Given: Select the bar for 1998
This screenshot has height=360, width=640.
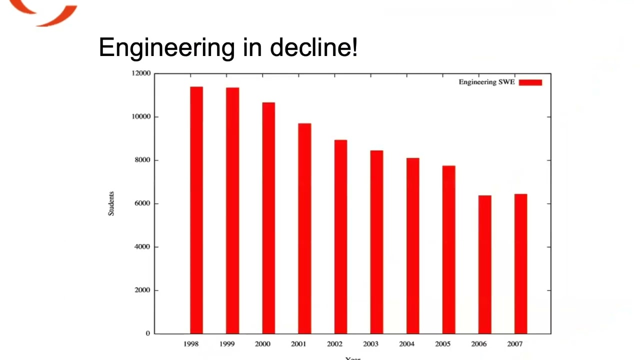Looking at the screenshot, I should tap(196, 210).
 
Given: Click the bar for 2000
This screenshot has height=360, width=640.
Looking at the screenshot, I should tap(268, 218).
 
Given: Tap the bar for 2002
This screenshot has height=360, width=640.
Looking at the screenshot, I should tap(340, 236).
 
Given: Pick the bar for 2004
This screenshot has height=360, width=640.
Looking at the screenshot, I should tap(412, 245).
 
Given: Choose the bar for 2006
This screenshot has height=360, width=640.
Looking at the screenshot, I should tap(484, 264).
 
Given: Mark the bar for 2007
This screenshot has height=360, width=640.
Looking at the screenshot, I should tap(520, 263).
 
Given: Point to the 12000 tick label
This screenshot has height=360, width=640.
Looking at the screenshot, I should tap(141, 73).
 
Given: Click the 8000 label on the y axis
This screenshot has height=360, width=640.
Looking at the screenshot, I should tap(142, 160).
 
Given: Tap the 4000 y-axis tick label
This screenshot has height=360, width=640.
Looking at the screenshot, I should tap(142, 247).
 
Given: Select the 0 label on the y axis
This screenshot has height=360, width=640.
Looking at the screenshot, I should tap(148, 333).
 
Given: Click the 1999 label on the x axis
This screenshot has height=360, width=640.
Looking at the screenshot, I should tap(226, 344).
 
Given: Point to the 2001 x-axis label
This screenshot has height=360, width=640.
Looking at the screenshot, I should tap(298, 344).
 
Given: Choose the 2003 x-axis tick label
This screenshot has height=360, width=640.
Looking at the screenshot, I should tap(370, 344).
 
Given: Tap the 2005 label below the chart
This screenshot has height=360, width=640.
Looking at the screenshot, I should tap(442, 344).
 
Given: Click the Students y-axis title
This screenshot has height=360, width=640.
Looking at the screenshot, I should tap(111, 203).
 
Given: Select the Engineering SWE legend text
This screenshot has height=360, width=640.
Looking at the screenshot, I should tap(486, 82).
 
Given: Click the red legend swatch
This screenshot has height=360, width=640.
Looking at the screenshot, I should tap(530, 82).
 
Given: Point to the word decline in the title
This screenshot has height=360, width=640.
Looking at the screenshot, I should tap(313, 47).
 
